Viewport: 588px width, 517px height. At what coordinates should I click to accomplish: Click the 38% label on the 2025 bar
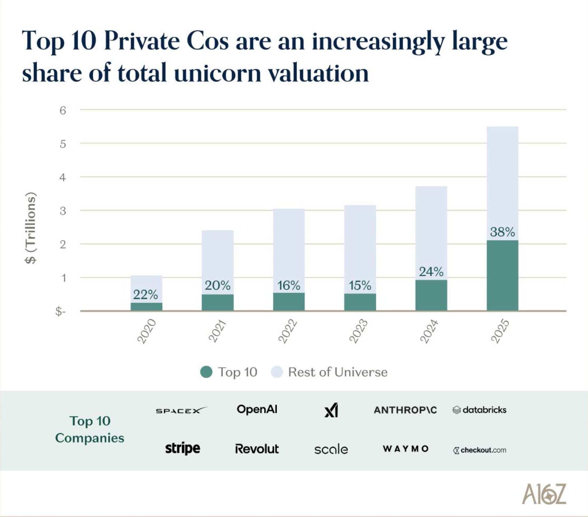point(502,232)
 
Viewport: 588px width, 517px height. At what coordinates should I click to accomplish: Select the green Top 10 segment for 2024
point(431,295)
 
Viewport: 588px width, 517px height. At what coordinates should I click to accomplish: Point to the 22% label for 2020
point(146,295)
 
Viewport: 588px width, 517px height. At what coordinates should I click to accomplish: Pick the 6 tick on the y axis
point(63,111)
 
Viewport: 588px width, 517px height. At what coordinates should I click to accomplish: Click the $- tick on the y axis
point(60,312)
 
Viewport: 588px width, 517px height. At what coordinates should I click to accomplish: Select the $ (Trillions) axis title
point(31,228)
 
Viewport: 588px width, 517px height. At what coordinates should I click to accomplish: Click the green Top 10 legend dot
point(206,372)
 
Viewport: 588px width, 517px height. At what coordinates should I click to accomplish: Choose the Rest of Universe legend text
point(338,372)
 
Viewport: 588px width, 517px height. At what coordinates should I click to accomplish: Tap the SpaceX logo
point(181,410)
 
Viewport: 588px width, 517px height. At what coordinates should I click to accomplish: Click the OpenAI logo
point(257,409)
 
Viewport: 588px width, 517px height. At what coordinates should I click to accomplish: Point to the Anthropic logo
point(405,410)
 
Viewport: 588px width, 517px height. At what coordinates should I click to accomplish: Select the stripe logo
point(183,449)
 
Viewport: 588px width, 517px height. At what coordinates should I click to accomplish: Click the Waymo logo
point(406,449)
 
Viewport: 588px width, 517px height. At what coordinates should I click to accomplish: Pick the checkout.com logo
point(480,450)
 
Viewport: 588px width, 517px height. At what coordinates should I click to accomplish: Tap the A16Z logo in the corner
point(544,494)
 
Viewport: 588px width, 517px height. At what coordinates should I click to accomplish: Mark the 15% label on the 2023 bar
point(360,286)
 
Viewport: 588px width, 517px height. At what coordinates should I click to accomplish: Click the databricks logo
point(480,410)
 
